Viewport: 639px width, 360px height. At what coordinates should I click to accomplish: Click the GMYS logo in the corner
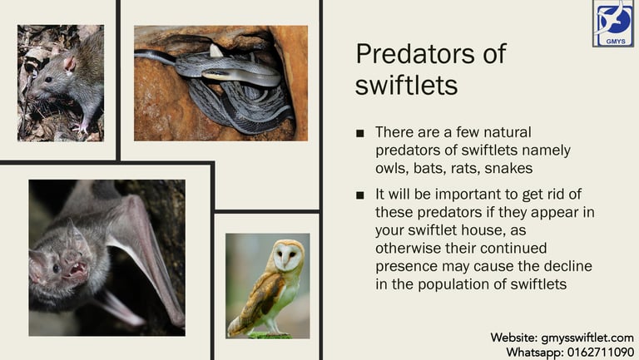point(613,23)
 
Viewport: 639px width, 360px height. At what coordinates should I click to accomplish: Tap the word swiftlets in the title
point(406,85)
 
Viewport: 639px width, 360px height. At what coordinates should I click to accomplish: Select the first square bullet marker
point(359,133)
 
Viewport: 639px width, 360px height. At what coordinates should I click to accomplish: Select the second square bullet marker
point(359,195)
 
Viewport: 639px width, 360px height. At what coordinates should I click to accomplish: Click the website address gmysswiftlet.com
point(587,338)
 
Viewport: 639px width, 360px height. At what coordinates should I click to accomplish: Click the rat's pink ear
point(70,64)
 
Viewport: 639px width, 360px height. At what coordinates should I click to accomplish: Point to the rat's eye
point(48,80)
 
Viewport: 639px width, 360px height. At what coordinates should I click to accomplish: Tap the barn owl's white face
point(287,256)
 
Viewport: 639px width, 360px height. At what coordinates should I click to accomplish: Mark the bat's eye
point(57,269)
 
